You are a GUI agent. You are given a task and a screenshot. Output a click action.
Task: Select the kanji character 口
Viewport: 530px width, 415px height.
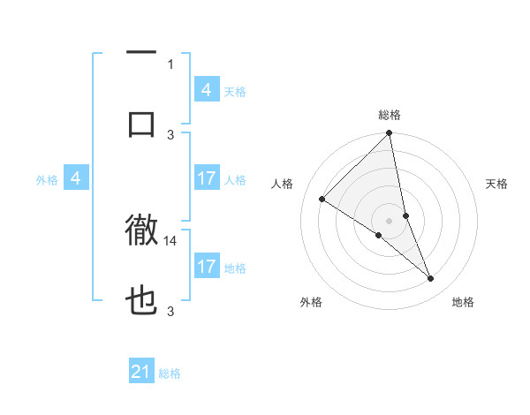click(x=141, y=123)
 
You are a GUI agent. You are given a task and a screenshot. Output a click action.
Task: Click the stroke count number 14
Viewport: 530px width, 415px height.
click(x=171, y=240)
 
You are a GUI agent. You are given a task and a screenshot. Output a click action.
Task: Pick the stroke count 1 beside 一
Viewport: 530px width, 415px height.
click(x=170, y=64)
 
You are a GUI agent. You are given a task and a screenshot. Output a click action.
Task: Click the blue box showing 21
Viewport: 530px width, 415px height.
click(x=141, y=372)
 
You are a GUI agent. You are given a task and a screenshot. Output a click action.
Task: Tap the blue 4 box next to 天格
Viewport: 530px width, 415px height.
click(x=207, y=90)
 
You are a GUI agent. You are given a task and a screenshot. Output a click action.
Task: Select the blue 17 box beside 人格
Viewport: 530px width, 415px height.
click(x=207, y=178)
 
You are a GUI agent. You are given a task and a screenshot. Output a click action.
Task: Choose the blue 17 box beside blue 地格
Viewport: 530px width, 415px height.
click(x=207, y=267)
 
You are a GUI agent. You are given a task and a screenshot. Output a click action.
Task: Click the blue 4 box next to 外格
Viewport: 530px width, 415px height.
click(x=76, y=178)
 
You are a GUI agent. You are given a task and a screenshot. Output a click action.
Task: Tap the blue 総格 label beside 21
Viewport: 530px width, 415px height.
click(x=170, y=373)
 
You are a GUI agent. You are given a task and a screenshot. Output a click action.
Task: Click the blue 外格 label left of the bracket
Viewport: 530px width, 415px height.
click(x=47, y=179)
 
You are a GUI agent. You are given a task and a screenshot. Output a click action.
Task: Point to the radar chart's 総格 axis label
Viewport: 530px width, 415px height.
click(x=390, y=115)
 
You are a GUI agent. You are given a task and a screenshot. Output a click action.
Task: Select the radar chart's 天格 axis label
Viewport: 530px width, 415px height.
click(x=497, y=184)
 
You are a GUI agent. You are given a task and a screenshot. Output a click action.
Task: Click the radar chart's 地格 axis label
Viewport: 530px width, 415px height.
click(x=463, y=302)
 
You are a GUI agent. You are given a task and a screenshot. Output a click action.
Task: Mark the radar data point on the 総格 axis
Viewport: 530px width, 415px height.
click(x=390, y=133)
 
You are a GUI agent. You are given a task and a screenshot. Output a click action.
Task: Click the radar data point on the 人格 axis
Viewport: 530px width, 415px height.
click(x=322, y=199)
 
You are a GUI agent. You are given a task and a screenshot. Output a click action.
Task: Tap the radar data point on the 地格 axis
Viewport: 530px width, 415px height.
click(x=431, y=278)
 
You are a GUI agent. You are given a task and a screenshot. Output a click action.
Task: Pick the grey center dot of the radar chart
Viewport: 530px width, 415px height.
click(x=390, y=220)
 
